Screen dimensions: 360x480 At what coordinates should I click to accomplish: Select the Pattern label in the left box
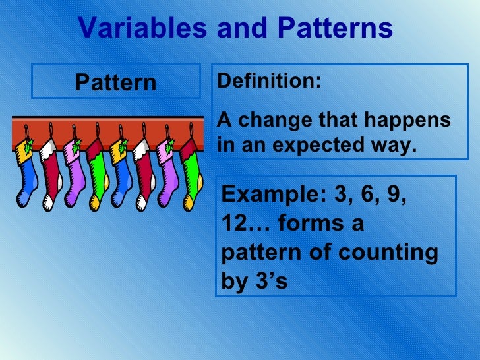tap(116, 82)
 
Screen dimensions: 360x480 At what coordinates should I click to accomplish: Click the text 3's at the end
tap(271, 281)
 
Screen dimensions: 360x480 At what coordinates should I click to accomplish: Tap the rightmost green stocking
tap(193, 178)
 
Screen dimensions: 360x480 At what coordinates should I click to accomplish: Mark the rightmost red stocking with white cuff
tap(144, 175)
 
